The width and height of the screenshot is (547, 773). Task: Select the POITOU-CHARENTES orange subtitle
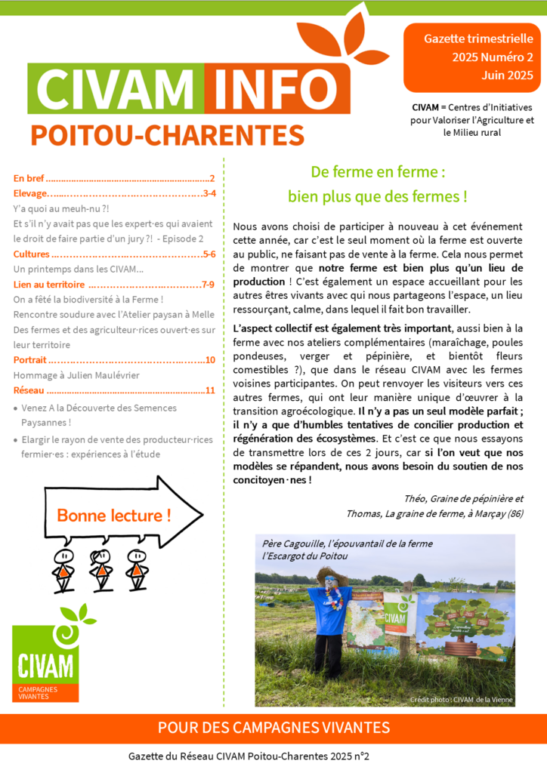click(167, 135)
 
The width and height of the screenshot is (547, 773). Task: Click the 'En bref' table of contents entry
click(29, 179)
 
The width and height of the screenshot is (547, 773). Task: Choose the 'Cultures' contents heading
click(31, 254)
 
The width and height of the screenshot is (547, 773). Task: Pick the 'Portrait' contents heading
click(30, 360)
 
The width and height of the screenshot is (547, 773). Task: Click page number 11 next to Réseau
click(210, 390)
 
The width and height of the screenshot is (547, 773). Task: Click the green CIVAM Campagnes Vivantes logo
click(45, 655)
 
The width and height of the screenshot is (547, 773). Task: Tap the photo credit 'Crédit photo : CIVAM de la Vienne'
click(461, 700)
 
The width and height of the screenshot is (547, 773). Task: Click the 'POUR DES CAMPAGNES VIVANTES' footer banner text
click(273, 728)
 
